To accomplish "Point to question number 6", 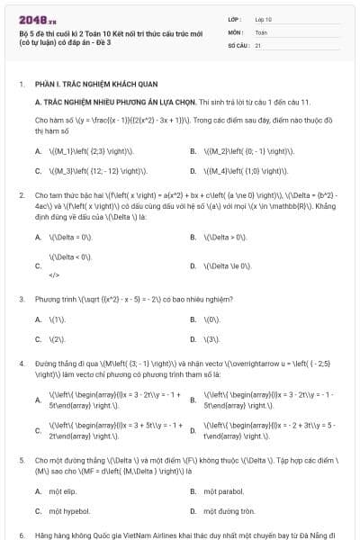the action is click(21, 535).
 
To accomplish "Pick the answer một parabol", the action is click(223, 491).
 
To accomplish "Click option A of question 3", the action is click(58, 319).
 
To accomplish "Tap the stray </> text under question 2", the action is click(54, 274).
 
